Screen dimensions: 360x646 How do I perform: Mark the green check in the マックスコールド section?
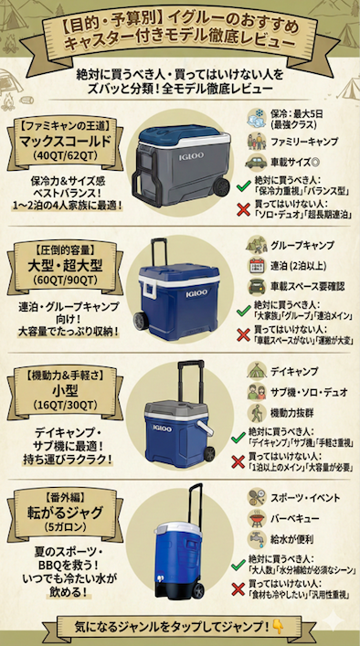(242, 186)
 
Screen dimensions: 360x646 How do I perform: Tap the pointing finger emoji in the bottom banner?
(278, 629)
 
